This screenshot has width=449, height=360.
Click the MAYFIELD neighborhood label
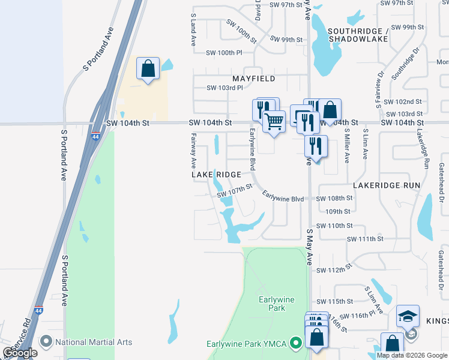(x=254, y=79)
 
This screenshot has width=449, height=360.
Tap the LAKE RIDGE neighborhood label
(x=216, y=175)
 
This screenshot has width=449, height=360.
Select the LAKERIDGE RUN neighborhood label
(x=387, y=186)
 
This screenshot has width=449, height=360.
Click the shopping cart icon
(x=274, y=121)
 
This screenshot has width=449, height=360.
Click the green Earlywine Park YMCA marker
(x=295, y=344)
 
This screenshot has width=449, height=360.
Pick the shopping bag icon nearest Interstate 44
(x=148, y=68)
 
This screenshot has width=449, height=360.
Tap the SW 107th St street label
(x=235, y=190)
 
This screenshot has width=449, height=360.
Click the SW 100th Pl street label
(x=222, y=53)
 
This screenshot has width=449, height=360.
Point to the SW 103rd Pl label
(x=224, y=88)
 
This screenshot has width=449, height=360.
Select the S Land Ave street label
(x=194, y=31)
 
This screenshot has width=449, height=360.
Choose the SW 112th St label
(x=334, y=270)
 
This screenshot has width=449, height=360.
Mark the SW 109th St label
(x=338, y=212)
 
